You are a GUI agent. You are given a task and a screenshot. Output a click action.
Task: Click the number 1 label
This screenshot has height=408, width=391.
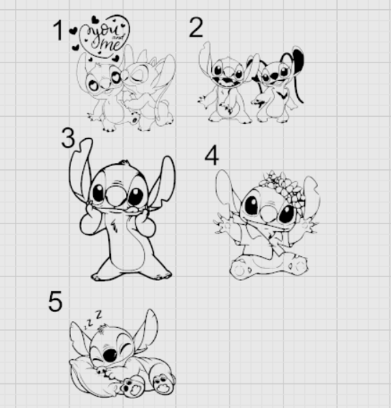click(x=59, y=31)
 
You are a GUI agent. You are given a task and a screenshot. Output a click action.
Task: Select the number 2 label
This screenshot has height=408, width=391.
click(x=196, y=27)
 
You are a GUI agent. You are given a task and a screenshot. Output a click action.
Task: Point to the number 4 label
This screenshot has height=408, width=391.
click(x=212, y=155)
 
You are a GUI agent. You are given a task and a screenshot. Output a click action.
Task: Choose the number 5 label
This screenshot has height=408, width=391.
click(x=55, y=301)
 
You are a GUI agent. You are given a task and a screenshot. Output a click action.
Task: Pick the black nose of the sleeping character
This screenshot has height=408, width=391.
click(x=110, y=355)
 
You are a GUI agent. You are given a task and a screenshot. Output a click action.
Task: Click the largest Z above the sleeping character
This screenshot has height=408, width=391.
click(x=98, y=314)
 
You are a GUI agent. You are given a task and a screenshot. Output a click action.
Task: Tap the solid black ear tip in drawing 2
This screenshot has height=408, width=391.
click(x=298, y=59)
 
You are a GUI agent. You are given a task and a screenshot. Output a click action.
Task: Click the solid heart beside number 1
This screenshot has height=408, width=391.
click(x=73, y=31)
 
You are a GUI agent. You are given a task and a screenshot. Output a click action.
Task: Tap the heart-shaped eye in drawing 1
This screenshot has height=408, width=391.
click(x=116, y=77)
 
